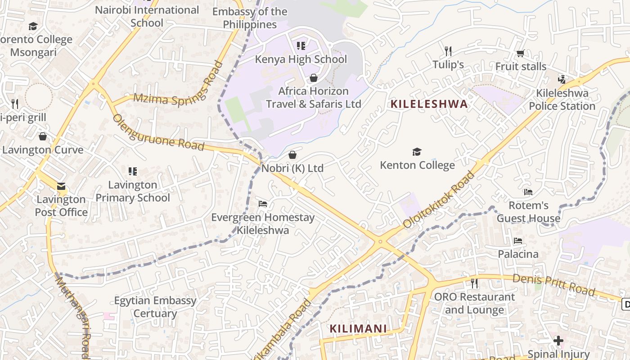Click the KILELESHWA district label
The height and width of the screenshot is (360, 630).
(x=429, y=104)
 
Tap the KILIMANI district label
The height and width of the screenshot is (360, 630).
(x=358, y=328)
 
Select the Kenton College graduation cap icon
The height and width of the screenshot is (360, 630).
(x=417, y=152)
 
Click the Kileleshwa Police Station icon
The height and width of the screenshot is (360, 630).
(x=562, y=80)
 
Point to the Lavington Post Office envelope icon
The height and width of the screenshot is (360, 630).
(x=61, y=186)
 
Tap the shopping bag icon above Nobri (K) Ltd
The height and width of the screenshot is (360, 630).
(x=292, y=155)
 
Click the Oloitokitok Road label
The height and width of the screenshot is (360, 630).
(x=439, y=199)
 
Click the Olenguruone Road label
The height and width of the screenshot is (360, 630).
(x=158, y=133)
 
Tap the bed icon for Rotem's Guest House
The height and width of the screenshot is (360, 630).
(x=528, y=192)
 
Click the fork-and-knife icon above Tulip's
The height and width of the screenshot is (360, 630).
(x=448, y=51)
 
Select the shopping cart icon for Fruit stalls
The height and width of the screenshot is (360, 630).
(x=521, y=54)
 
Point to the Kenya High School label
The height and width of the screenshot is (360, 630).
(x=301, y=59)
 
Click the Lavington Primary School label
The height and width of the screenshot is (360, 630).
(x=133, y=191)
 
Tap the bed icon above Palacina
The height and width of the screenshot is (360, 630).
(x=518, y=241)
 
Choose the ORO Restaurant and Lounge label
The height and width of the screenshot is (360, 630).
(x=474, y=303)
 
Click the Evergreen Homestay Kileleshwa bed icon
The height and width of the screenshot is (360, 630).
(x=263, y=204)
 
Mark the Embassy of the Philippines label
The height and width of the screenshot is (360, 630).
(x=250, y=18)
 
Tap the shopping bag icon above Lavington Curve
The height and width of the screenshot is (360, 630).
(x=43, y=136)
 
